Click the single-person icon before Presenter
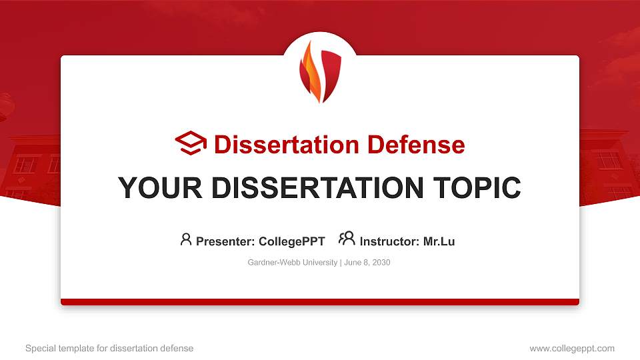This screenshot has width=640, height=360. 186,239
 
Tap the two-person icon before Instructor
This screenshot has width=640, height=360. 347,239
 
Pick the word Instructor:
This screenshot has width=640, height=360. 389,241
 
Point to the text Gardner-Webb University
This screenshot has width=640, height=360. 293,263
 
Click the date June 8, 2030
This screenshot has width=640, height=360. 367,263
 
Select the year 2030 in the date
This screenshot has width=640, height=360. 381,263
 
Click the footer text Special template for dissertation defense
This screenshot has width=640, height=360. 109,348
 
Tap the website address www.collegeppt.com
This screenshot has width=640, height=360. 572,348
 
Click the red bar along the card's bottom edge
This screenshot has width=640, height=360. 320,302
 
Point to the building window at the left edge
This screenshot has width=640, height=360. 25,164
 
